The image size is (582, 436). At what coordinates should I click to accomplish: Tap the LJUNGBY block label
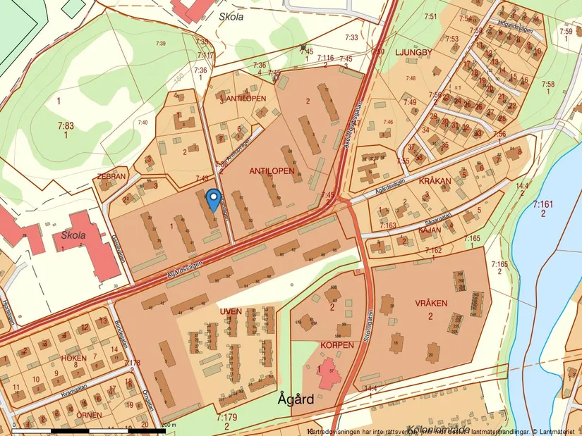[x=407, y=53]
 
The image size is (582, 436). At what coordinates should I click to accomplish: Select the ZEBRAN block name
[x=112, y=176]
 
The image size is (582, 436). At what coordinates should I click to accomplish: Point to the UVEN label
[x=231, y=311]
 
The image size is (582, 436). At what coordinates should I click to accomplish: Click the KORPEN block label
[x=337, y=346]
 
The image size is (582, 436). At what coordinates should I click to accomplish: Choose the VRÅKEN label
[x=432, y=303]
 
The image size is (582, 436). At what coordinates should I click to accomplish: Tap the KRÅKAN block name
[x=435, y=181]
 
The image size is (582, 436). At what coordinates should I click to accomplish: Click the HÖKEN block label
[x=73, y=358]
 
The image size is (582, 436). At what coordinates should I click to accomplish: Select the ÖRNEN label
[x=90, y=416]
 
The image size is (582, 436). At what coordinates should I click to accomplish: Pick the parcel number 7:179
[x=226, y=418]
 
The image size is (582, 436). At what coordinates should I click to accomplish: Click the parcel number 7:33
[x=351, y=37]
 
